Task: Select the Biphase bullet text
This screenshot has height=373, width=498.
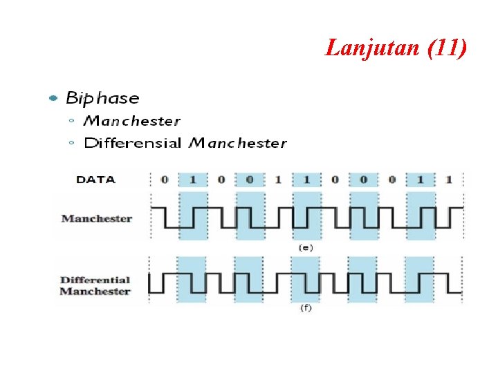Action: [102, 98]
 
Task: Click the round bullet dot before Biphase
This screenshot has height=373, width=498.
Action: [53, 99]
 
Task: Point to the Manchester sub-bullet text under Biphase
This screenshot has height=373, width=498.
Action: [131, 121]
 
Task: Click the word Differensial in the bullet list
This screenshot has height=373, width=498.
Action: [133, 144]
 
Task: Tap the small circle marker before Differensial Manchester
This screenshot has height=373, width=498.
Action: [72, 144]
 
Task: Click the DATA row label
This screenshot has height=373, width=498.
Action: [95, 180]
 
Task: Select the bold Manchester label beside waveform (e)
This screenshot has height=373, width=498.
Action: [96, 218]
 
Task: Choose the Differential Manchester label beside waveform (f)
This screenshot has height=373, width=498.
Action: [95, 285]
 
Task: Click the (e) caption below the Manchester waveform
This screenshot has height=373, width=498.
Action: [305, 247]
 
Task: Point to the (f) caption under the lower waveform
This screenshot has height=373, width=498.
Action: [305, 308]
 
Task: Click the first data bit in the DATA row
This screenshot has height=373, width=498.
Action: [164, 180]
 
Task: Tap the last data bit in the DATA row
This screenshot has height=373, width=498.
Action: [449, 180]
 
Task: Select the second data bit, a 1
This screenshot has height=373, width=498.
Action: [193, 180]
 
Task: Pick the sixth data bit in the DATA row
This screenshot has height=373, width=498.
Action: [306, 180]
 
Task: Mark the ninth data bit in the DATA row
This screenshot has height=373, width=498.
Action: [392, 180]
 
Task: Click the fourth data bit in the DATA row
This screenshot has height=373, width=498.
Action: [250, 180]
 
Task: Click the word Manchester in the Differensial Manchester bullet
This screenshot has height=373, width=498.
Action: [238, 144]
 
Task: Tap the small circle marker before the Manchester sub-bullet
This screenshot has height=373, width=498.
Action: [72, 121]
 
